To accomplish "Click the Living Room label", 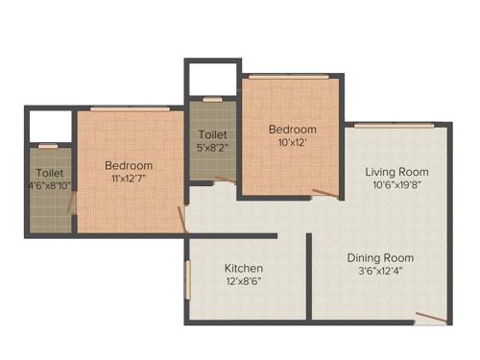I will click(395, 172).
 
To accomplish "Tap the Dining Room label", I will click(382, 258).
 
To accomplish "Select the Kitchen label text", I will click(244, 268).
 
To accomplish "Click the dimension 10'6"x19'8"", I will click(395, 186).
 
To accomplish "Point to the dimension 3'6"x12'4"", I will click(382, 273).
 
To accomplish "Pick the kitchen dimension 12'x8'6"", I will click(244, 282).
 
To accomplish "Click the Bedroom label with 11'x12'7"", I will click(129, 165).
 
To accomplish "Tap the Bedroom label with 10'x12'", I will click(292, 130).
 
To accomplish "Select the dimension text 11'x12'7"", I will click(129, 180).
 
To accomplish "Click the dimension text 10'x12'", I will click(292, 144).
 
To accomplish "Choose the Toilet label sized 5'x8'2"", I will click(212, 135).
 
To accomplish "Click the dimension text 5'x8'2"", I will click(212, 149).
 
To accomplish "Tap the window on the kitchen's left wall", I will click(188, 278).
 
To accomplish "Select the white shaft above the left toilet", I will click(50, 127).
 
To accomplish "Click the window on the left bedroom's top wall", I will click(130, 110).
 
